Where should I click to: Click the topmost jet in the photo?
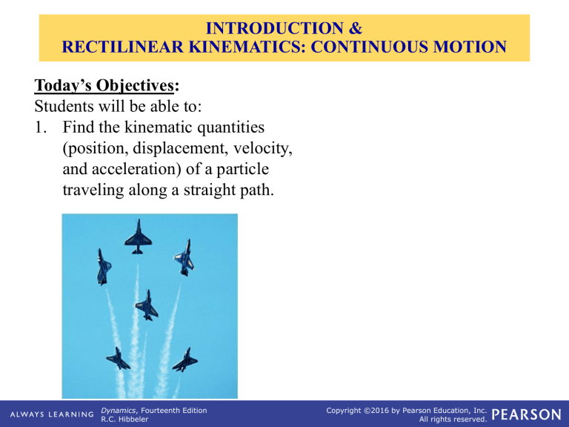(137, 236)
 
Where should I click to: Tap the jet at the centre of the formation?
(148, 304)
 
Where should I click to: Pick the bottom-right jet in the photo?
(183, 360)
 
